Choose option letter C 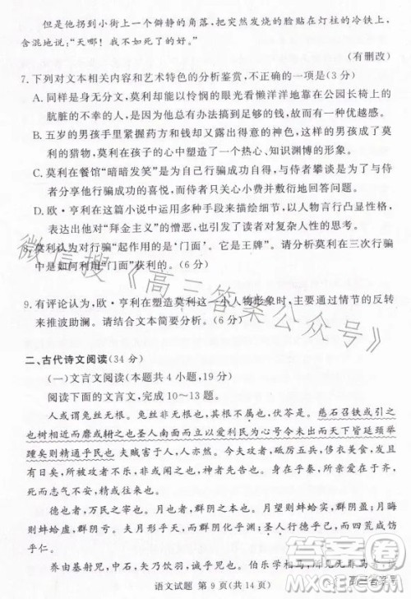pos(39,172)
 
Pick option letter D pos(39,209)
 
